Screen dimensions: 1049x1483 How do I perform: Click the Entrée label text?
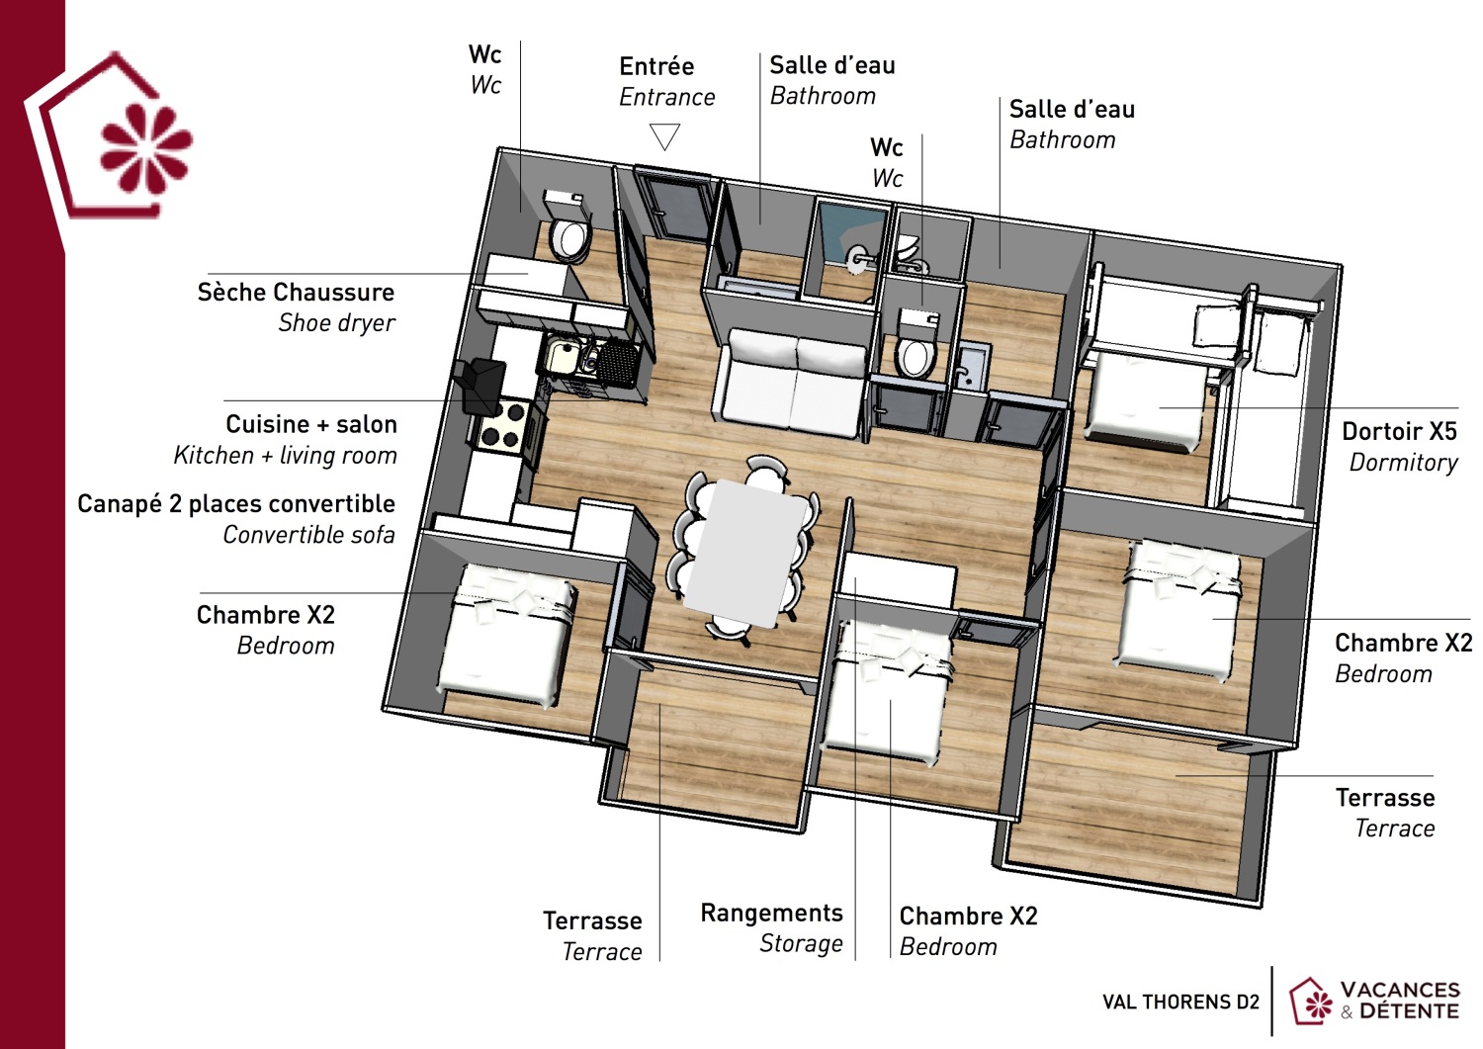[656, 66]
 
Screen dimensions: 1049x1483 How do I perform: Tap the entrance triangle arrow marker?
[665, 136]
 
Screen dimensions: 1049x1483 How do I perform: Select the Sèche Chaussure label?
[296, 293]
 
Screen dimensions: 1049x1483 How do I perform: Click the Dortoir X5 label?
[1399, 432]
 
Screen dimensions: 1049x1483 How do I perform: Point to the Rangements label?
[771, 913]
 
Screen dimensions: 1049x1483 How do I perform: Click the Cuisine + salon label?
[310, 424]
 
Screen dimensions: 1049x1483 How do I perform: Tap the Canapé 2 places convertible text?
[236, 504]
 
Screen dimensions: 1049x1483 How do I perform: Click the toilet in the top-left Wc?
[569, 238]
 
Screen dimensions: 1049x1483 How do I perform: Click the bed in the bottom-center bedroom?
[885, 692]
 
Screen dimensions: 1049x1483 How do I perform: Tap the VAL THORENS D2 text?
[1180, 1003]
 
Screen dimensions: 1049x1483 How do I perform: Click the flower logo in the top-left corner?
[144, 148]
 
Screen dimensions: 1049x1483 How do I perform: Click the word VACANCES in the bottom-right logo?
[1399, 990]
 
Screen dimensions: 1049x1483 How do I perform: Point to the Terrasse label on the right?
[1384, 798]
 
